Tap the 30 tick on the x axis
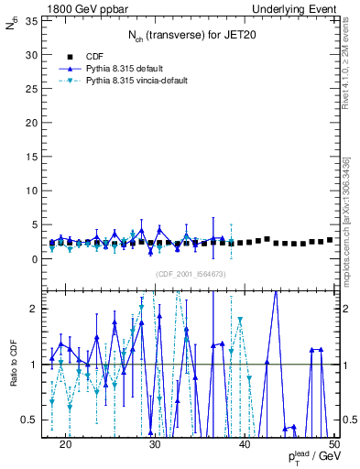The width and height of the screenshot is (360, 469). click(x=155, y=443)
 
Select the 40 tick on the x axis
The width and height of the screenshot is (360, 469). click(x=245, y=443)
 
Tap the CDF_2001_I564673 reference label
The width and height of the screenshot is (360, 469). click(x=191, y=274)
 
